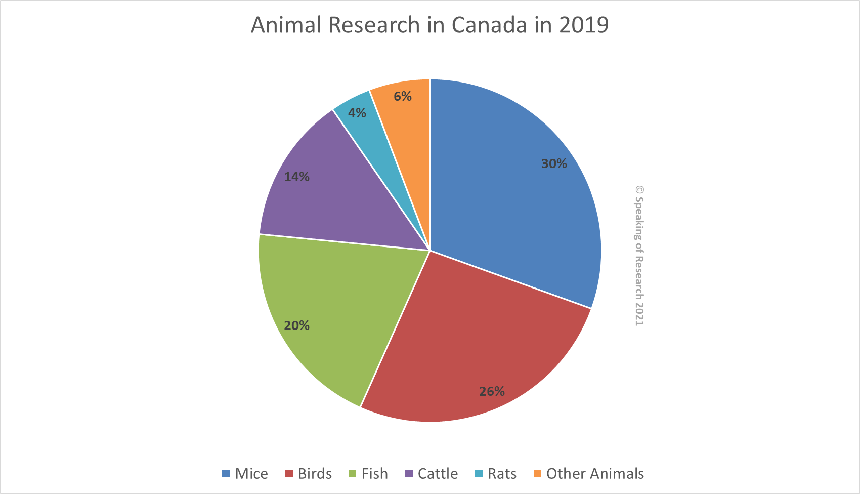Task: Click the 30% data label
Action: click(554, 163)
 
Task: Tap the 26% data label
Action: click(492, 391)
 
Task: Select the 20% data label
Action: click(296, 325)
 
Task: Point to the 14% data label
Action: click(296, 177)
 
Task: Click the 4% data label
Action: click(357, 113)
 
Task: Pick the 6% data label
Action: click(403, 96)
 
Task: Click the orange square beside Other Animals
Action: click(537, 473)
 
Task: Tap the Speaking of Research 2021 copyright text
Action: click(639, 256)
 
